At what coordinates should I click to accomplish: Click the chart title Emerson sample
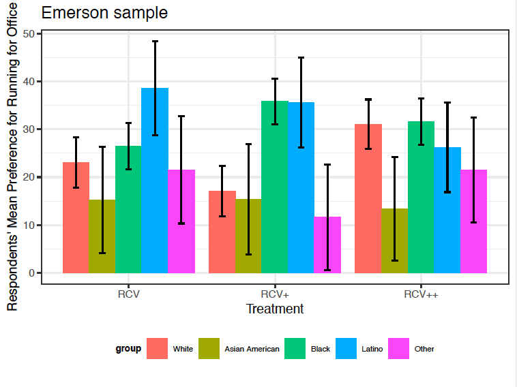[x=104, y=13]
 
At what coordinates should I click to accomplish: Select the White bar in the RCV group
[x=76, y=217]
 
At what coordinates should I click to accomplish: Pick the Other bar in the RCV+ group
[x=327, y=245]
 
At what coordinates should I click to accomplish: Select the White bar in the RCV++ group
[x=368, y=198]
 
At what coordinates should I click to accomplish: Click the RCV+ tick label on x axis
[x=275, y=294]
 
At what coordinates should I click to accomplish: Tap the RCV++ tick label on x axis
[x=421, y=294]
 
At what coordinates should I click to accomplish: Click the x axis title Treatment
[x=275, y=309]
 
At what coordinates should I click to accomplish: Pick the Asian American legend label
[x=252, y=349]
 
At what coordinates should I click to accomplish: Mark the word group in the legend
[x=128, y=349]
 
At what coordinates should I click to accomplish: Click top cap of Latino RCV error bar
[x=155, y=42]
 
